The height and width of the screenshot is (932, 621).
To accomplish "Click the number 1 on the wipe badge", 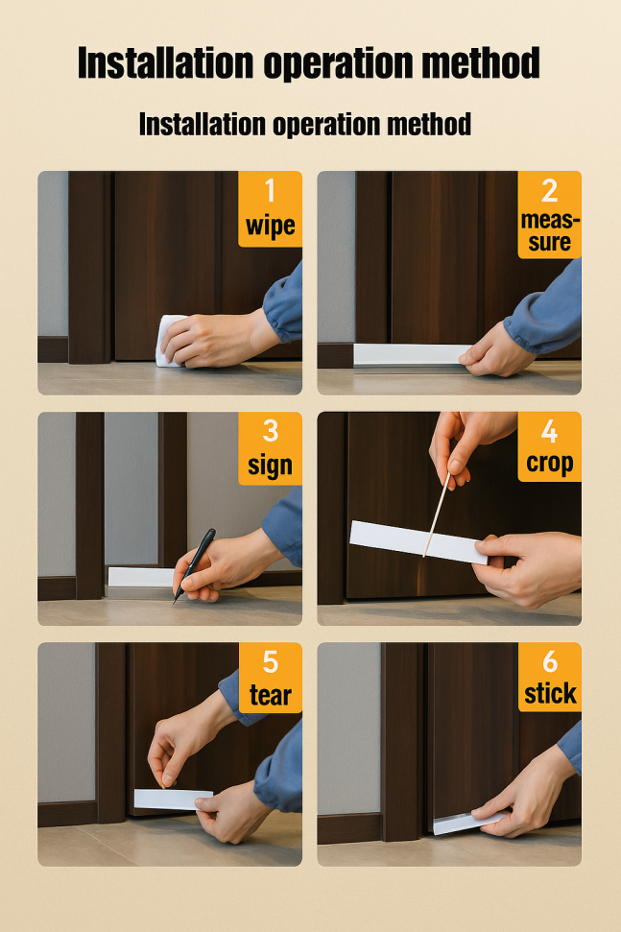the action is point(271,191).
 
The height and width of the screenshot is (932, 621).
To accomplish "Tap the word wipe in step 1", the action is point(271,227).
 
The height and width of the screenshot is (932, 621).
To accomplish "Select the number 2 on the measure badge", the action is point(550,191).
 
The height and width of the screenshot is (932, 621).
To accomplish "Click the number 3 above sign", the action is point(271,431).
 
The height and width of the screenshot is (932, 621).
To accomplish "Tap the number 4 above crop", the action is point(550,431).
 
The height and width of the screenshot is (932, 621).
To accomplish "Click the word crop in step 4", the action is point(550,464).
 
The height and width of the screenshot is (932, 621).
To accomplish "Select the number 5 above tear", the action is point(271,662).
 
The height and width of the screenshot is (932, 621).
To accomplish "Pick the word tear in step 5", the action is point(271,696).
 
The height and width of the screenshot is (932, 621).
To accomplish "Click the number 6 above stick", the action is point(550,662).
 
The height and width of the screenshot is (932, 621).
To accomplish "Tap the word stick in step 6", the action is point(550,694).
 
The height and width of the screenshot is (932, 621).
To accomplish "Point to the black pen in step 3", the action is point(194,565).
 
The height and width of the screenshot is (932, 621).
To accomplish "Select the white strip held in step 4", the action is point(418,542).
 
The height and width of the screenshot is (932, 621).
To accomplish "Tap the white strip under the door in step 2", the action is point(413,354).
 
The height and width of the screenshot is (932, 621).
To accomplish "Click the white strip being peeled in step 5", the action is point(173,799).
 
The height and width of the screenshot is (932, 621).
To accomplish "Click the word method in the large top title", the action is point(481,62).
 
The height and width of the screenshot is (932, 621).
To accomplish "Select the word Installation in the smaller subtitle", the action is point(203,125).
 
